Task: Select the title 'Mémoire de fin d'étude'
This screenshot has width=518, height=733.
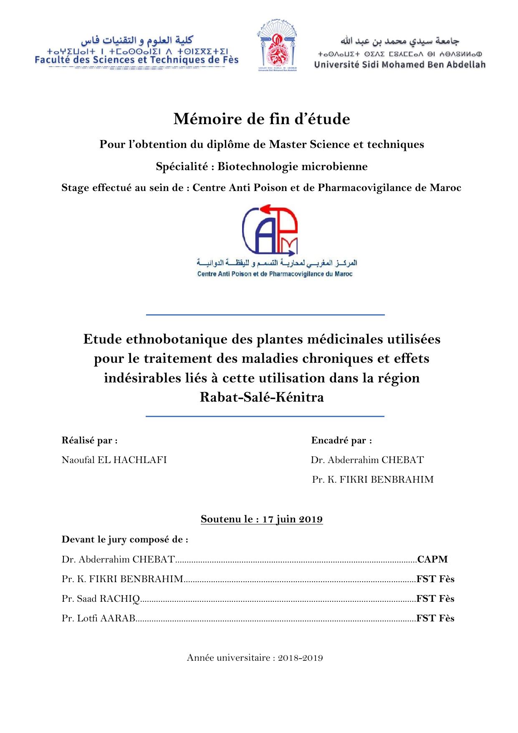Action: [x=262, y=119]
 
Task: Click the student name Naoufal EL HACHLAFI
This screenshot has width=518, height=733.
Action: [x=114, y=460]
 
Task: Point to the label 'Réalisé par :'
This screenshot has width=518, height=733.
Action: [x=89, y=440]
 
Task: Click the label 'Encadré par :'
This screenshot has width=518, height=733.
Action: [x=341, y=440]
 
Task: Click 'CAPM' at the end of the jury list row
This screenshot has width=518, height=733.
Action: [x=432, y=559]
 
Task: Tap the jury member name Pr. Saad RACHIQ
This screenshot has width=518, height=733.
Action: [x=101, y=598]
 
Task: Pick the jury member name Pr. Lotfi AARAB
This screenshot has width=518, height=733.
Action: [x=99, y=618]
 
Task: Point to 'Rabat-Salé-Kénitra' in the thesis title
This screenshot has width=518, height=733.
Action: [x=262, y=397]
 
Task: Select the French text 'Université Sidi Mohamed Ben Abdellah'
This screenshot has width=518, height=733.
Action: [x=400, y=65]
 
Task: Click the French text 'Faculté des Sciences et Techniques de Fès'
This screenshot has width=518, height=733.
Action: [x=136, y=60]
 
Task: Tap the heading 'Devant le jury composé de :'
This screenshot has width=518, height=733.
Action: [x=125, y=540]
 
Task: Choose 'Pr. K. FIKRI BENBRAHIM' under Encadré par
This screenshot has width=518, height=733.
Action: [x=373, y=480]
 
